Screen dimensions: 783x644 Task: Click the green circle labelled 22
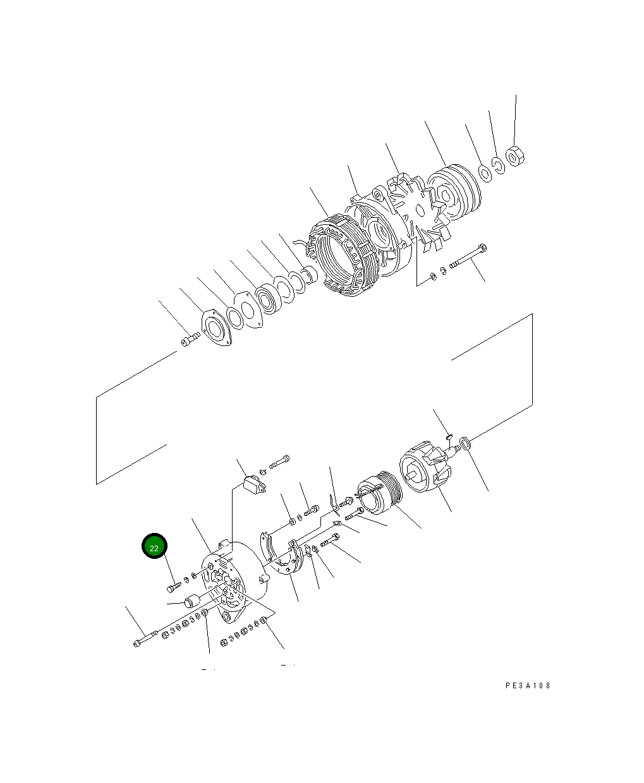click(154, 547)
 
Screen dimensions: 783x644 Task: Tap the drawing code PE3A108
click(528, 686)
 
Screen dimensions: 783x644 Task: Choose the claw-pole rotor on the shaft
click(425, 470)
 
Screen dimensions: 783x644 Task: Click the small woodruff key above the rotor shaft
click(448, 434)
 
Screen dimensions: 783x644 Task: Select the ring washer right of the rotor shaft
click(465, 444)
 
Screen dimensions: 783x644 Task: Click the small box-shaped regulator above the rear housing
click(254, 484)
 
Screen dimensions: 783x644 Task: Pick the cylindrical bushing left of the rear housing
click(191, 601)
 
